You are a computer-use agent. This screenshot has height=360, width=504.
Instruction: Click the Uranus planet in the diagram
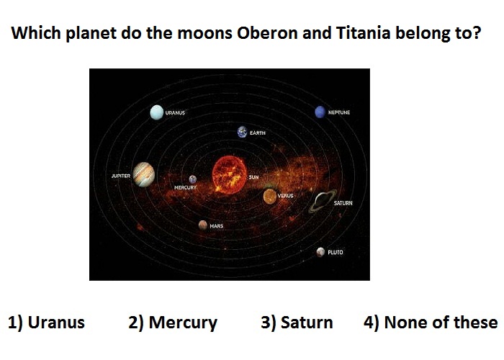[156, 112]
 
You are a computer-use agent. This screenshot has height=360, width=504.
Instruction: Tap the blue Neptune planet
[320, 112]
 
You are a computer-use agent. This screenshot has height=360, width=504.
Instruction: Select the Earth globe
[243, 132]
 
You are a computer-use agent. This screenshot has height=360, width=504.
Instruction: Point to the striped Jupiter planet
[144, 174]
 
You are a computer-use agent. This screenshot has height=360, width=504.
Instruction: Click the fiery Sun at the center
[230, 174]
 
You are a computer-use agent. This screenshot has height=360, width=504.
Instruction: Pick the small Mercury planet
[192, 179]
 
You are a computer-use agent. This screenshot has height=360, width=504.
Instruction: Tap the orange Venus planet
[270, 196]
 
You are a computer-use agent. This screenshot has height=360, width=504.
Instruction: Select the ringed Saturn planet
[323, 201]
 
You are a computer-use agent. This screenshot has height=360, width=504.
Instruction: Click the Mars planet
[202, 225]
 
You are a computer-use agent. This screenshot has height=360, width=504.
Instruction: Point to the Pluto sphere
[320, 252]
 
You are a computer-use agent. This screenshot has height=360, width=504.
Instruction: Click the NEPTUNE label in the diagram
[339, 112]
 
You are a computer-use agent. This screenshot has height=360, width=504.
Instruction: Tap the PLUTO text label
[336, 252]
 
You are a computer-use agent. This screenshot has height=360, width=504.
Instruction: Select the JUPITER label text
[121, 176]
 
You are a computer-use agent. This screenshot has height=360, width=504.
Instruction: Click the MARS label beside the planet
[216, 226]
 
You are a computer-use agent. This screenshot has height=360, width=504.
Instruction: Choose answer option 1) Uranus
[46, 323]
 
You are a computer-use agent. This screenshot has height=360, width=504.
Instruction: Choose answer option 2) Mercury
[173, 323]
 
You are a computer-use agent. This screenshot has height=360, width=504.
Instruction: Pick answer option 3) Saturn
[297, 323]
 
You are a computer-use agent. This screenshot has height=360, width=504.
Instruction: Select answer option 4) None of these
[431, 323]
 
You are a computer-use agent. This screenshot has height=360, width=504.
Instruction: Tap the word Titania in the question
[363, 33]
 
